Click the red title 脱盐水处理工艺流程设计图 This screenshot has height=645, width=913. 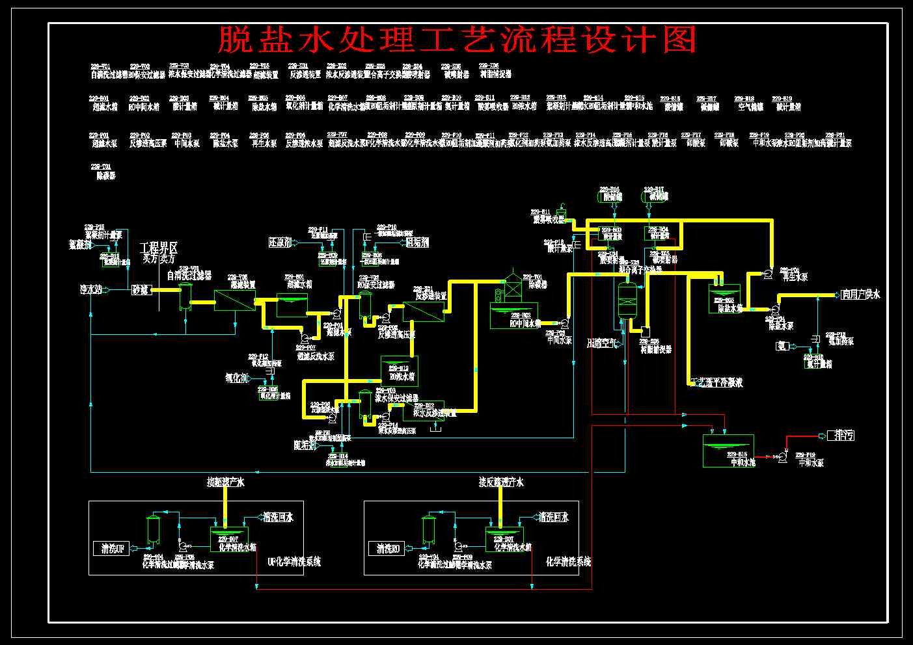pos(456,40)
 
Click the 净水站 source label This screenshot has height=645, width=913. pos(86,289)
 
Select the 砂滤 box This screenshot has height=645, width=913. pos(141,289)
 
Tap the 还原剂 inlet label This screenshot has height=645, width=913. pos(282,243)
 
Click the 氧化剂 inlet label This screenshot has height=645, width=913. pos(236,378)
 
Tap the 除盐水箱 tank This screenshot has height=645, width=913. pos(724,298)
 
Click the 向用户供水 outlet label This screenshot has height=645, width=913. pos(860,295)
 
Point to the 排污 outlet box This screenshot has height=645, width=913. pos(839,436)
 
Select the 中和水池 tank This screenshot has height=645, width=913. pos(728,450)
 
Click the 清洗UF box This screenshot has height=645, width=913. pos(112,549)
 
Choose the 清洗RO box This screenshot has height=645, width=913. pos(388,549)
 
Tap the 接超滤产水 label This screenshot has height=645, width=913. pos(225,482)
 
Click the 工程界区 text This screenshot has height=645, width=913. pos(158,248)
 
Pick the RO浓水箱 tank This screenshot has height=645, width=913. pos(399,371)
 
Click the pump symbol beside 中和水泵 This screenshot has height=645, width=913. pos(782,458)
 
